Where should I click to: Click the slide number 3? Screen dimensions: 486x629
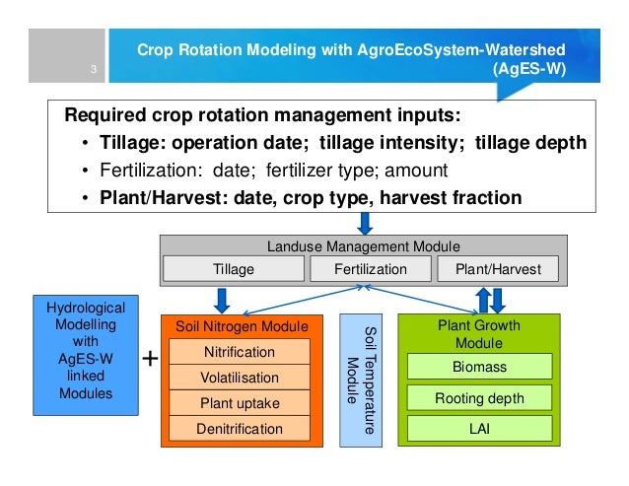tap(91, 69)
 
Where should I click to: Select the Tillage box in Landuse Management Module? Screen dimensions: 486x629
tap(234, 268)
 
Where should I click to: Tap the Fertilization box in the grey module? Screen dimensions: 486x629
tap(370, 268)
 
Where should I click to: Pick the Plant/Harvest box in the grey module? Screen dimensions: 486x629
tap(498, 268)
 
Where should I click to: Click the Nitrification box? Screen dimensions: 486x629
tap(240, 352)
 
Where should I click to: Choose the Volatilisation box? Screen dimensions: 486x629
tap(240, 378)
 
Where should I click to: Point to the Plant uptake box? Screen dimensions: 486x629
tap(240, 403)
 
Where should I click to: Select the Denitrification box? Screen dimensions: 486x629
tap(240, 428)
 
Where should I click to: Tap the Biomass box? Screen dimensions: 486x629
tap(479, 367)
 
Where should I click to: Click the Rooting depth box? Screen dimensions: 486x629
tap(479, 398)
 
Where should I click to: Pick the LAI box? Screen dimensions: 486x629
tap(479, 429)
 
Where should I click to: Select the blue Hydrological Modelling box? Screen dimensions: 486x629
tap(87, 352)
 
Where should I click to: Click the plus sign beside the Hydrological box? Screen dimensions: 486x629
tap(150, 360)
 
